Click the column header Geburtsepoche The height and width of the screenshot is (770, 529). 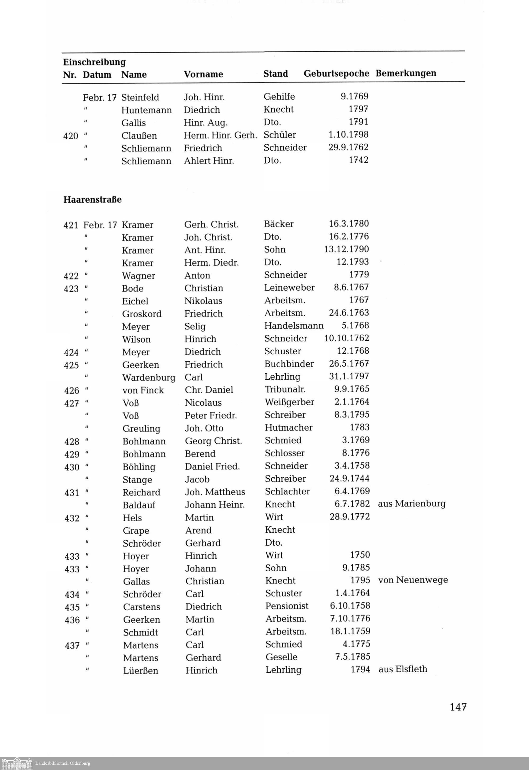[x=336, y=74]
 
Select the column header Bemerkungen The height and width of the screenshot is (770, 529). [x=406, y=73]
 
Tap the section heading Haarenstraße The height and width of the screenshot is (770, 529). [x=93, y=199]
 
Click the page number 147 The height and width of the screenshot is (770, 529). [x=458, y=707]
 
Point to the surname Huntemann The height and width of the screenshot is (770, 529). [x=147, y=110]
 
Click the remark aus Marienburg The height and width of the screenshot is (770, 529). [x=412, y=504]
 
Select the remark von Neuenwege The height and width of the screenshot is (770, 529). [x=413, y=580]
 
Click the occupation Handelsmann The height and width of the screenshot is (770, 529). [x=294, y=326]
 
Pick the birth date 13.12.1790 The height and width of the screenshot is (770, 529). [x=346, y=249]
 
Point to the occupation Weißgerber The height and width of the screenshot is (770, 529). [x=289, y=402]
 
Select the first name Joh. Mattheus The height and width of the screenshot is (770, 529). [x=215, y=492]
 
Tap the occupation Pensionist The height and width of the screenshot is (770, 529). [x=287, y=606]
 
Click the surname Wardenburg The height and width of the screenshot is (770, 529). [x=148, y=377]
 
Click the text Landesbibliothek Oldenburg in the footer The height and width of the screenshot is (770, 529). [x=63, y=763]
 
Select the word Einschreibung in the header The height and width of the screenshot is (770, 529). [x=94, y=62]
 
